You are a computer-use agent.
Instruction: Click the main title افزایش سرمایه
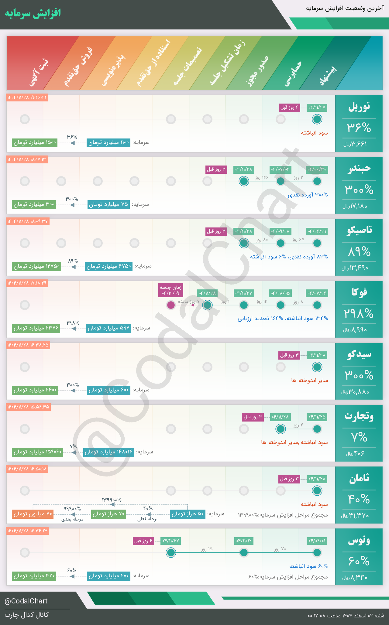[33, 13]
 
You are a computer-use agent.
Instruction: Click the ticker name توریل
[359, 107]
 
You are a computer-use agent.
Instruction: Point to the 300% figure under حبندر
[359, 190]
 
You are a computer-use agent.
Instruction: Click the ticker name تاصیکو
[359, 230]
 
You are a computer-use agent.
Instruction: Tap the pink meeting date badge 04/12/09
[171, 290]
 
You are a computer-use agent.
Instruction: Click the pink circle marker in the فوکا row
[171, 305]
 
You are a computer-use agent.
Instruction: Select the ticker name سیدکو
[359, 354]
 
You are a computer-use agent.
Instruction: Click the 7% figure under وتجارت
[359, 437]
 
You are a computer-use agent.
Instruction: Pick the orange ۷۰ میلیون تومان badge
[33, 514]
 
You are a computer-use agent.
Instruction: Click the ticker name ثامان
[359, 478]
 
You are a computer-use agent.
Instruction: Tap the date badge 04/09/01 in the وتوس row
[317, 541]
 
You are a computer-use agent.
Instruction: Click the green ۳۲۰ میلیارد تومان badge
[34, 576]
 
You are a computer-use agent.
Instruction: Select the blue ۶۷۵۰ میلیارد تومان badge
[108, 266]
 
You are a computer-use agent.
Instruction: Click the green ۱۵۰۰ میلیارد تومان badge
[35, 142]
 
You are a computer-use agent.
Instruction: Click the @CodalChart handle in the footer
[26, 601]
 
